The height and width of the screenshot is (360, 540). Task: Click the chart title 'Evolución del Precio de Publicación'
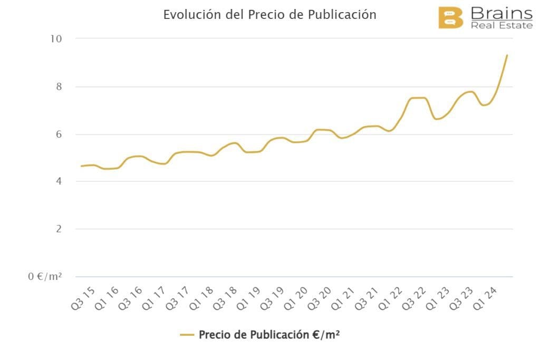pos(269,14)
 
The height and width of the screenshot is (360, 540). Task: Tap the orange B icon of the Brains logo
pos(450,18)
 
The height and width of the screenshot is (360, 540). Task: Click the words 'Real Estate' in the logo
pos(502,25)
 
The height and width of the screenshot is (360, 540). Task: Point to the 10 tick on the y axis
pos(56,38)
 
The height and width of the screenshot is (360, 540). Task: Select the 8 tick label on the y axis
pos(59,86)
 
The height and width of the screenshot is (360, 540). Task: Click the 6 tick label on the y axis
pos(59,134)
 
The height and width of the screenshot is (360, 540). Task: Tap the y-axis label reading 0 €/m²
pos(45,276)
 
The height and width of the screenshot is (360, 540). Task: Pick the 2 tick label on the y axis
pos(59,229)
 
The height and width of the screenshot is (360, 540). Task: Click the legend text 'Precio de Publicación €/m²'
pos(269,335)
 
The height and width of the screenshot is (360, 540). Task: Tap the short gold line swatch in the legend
pos(187,335)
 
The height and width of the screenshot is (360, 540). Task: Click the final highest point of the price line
pos(507,55)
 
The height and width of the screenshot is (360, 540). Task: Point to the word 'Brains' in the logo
pos(501,13)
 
